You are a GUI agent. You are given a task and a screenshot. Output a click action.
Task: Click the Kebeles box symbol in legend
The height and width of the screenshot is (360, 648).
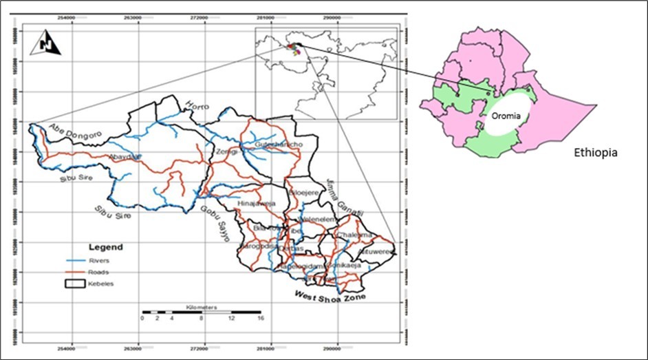tap(74, 283)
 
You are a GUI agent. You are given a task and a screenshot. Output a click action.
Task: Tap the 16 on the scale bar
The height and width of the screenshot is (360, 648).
tap(260, 319)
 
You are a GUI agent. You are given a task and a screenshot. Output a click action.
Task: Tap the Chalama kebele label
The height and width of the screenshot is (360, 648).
tap(354, 235)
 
